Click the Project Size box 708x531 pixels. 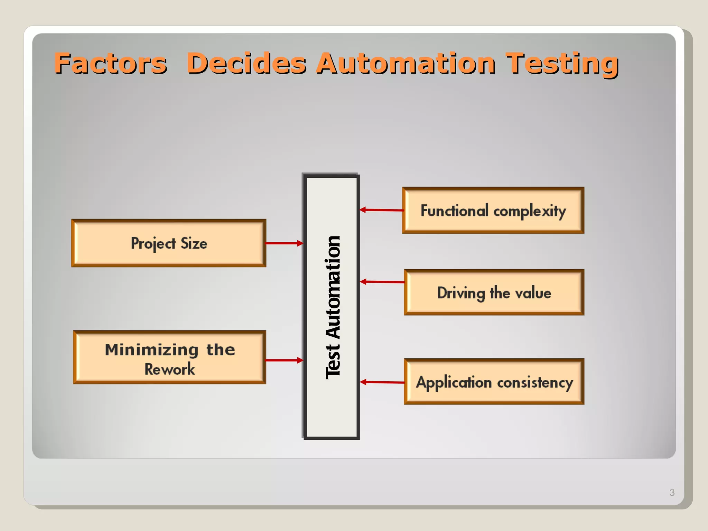coord(169,243)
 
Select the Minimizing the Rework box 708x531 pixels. coord(169,357)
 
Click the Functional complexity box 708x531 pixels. coord(493,211)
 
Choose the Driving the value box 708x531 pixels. coord(494,292)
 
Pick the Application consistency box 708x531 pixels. coord(494,382)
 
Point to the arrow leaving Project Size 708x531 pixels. coord(284,243)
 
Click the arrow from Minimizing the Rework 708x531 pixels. coord(284,360)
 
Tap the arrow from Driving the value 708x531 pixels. coord(382,282)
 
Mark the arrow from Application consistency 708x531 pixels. coord(382,382)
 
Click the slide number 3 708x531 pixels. coord(672,492)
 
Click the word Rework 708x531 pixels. coord(169,369)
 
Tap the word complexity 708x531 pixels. coord(529,211)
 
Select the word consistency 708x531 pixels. coord(535,383)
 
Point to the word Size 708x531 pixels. coord(194,243)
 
